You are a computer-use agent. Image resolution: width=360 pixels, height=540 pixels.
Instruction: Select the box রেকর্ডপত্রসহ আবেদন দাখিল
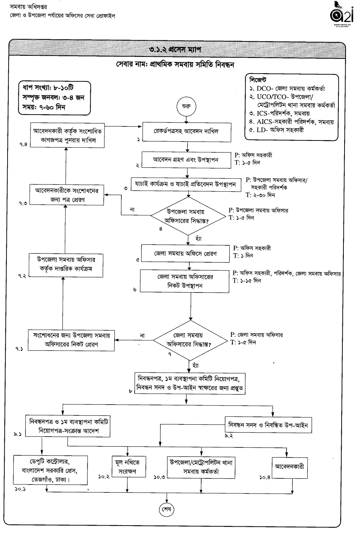click(x=186, y=131)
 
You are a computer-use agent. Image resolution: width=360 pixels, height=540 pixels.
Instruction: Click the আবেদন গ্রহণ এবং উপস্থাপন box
click(x=186, y=160)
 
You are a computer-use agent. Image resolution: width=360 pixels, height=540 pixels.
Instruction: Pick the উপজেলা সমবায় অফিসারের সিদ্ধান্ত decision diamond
click(x=188, y=216)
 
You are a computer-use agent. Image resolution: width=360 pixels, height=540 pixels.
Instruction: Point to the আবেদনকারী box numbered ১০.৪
click(x=289, y=467)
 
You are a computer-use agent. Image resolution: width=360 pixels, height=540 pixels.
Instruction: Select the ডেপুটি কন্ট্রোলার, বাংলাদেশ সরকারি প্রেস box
click(x=50, y=470)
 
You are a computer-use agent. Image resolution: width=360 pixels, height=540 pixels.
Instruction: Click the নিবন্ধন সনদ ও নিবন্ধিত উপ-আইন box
click(x=269, y=425)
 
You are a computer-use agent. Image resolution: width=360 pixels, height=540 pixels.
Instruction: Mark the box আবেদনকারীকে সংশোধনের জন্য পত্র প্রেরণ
click(x=67, y=195)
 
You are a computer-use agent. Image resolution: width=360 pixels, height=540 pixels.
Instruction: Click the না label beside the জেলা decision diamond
click(x=142, y=335)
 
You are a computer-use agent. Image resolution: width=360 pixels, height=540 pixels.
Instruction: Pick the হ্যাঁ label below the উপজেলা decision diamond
click(x=198, y=238)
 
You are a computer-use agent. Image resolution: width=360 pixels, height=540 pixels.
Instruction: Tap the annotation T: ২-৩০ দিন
click(x=260, y=195)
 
